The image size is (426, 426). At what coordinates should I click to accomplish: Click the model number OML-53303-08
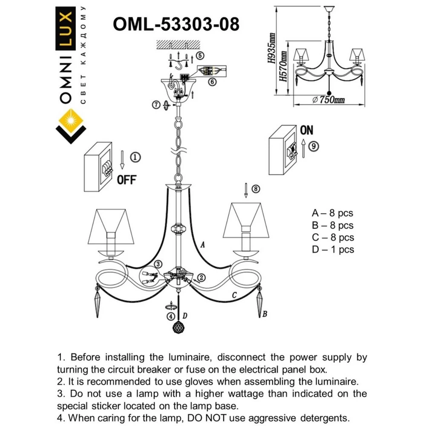[x=176, y=24]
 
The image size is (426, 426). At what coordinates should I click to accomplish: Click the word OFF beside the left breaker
[x=126, y=180]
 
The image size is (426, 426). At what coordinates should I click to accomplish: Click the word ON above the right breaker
[x=306, y=130]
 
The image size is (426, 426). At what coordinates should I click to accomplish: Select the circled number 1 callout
[x=135, y=157]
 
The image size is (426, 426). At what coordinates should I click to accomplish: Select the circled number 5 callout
[x=200, y=56]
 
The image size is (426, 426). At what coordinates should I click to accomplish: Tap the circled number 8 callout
[x=255, y=189]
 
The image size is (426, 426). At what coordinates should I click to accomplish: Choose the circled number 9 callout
[x=313, y=147]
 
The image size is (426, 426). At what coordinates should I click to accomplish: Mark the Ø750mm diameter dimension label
[x=328, y=100]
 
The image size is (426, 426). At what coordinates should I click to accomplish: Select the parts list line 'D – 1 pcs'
[x=333, y=250]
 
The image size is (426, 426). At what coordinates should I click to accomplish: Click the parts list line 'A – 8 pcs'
[x=332, y=213]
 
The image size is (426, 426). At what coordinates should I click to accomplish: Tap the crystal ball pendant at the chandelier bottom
[x=178, y=329]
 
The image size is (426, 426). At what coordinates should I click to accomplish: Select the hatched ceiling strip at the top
[x=178, y=44]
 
